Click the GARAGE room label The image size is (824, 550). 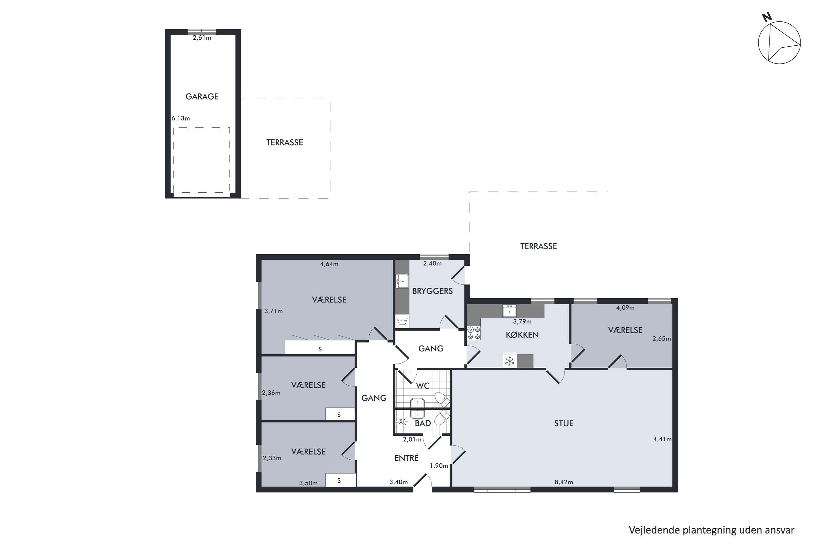pos(202,97)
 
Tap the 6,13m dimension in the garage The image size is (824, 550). pos(180,119)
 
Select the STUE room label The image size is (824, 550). pos(563,424)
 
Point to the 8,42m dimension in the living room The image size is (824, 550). pos(563,482)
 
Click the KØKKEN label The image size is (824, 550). pos(522,335)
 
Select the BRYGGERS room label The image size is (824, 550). pos(432,291)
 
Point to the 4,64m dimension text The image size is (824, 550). pos(329,264)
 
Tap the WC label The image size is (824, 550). pos(422,386)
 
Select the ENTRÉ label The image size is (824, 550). pos(407,458)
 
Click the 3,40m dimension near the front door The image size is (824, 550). pos(398,482)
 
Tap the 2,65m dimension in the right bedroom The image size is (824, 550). pos(661,339)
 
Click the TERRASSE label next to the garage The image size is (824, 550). pos(285,142)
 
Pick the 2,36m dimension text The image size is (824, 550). pos(271,393)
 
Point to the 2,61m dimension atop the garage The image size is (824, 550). pos(202,38)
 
